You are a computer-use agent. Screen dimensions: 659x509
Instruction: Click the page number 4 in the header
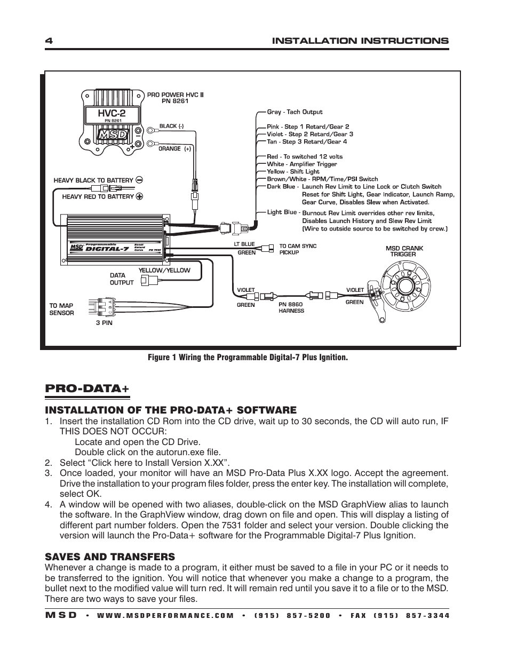pyautogui.click(x=47, y=41)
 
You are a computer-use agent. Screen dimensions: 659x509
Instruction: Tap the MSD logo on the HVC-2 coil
pyautogui.click(x=113, y=134)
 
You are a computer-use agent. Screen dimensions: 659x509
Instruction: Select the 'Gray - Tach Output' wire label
pyautogui.click(x=295, y=112)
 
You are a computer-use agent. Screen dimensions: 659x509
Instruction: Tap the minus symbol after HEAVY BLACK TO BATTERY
pyautogui.click(x=139, y=180)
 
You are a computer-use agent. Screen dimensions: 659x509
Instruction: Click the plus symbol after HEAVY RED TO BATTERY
pyautogui.click(x=140, y=196)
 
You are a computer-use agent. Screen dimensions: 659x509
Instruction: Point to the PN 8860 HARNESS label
pyautogui.click(x=291, y=307)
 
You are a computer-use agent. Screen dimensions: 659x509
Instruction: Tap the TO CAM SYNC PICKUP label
pyautogui.click(x=298, y=249)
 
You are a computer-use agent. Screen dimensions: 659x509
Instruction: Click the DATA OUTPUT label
pyautogui.click(x=121, y=279)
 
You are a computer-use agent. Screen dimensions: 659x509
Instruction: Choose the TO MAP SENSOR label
pyautogui.click(x=61, y=309)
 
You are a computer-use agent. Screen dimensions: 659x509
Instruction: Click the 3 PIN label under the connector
pyautogui.click(x=104, y=323)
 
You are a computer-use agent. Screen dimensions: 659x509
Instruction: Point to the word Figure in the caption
pyautogui.click(x=159, y=358)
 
